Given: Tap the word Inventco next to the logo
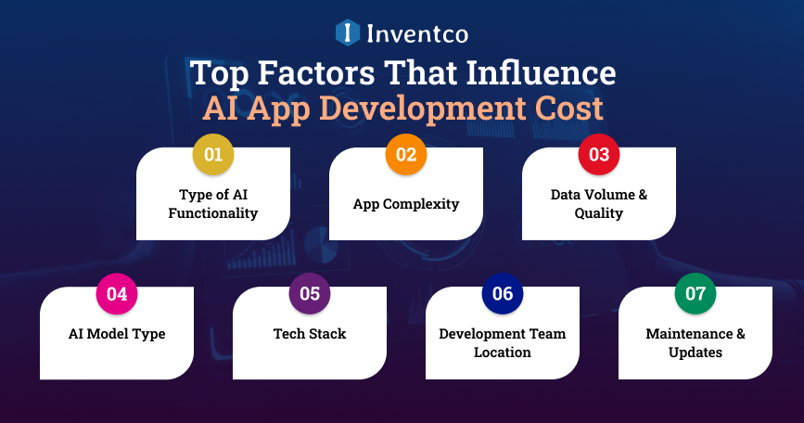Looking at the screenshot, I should pos(415,34).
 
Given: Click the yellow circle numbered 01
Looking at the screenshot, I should pos(213,155).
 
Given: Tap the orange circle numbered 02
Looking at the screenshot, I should pos(406,155).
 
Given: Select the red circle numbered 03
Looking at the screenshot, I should pos(599,155).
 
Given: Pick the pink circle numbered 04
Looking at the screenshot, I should pos(117,294).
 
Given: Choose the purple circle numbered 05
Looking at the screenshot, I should pos(310,294).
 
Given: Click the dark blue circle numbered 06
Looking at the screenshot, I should pos(503,294).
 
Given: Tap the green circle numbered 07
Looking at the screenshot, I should pos(696,294).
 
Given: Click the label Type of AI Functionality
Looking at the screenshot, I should pos(213,204).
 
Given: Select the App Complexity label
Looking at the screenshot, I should pos(406,204).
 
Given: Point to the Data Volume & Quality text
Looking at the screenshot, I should pos(599,204).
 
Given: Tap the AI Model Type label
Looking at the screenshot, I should pos(117,334).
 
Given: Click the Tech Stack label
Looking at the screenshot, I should pos(310,334).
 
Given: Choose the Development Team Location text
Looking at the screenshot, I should pos(503,343).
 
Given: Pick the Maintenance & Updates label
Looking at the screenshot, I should pos(696,343).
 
